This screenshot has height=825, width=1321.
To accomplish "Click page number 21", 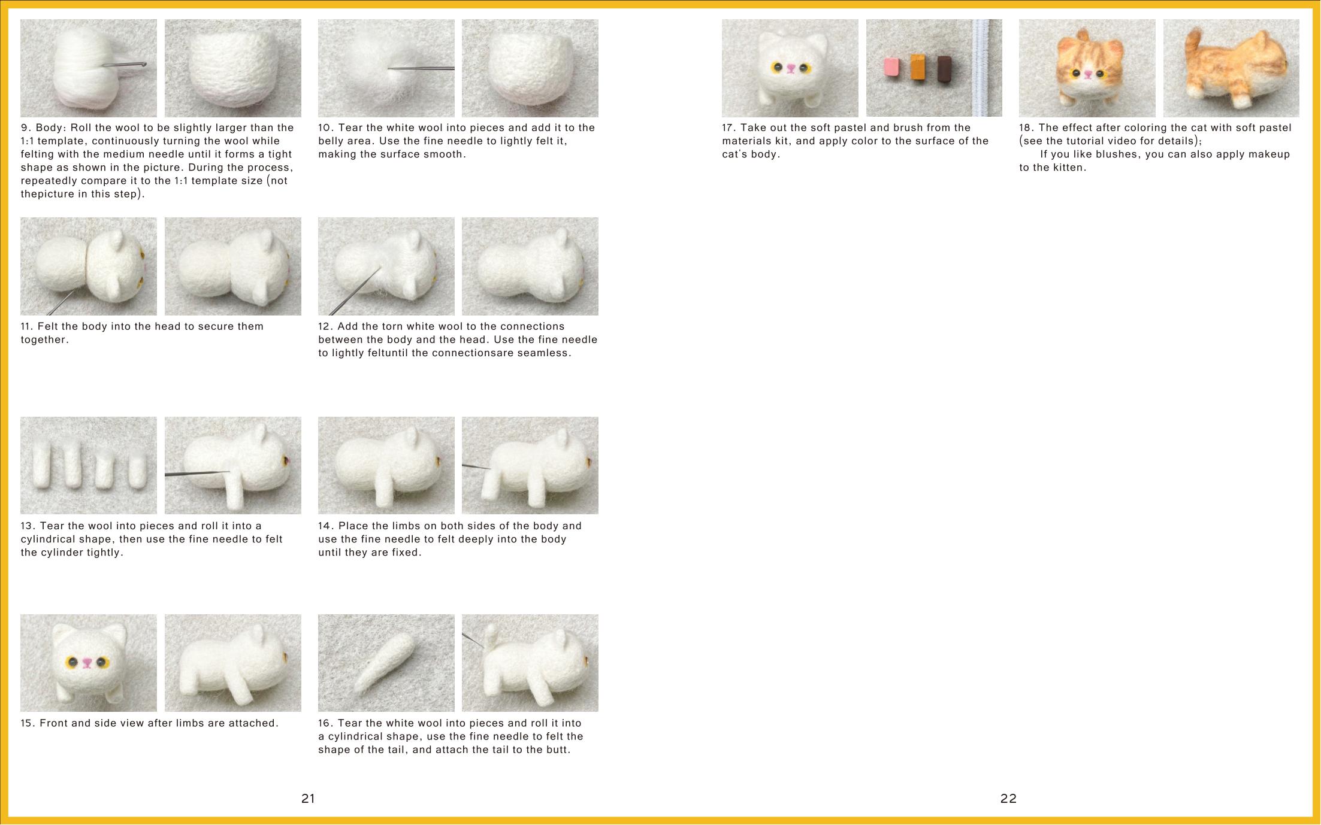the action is [308, 798].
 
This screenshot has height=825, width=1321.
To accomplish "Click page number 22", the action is [1008, 798].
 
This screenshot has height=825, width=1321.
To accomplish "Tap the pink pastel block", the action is [892, 68].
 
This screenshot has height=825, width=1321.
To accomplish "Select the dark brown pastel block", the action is [945, 69].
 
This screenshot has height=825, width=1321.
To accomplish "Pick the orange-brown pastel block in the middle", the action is [918, 68].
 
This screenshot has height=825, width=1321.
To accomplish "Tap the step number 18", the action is [1027, 128].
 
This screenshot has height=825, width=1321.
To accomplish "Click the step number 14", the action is [326, 526].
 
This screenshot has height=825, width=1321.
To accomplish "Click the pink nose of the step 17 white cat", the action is [791, 68].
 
